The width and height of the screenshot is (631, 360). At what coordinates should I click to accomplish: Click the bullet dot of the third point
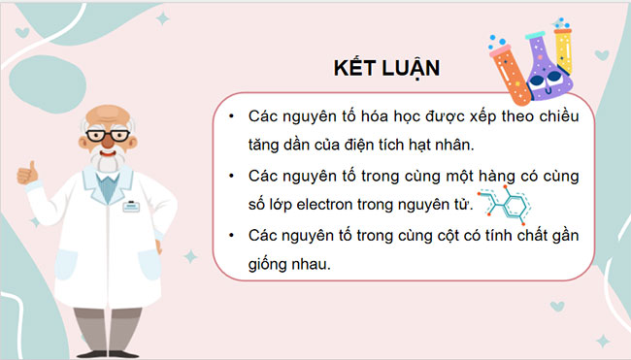coord(229,236)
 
